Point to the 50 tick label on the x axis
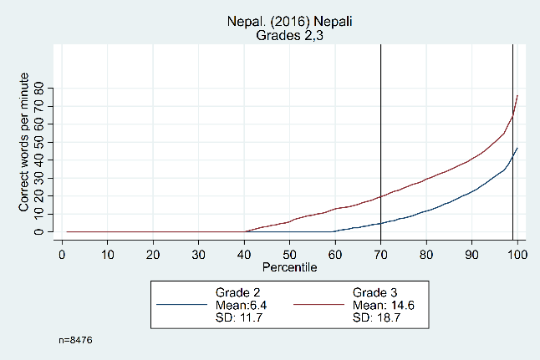click(x=289, y=251)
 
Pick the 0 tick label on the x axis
click(x=62, y=251)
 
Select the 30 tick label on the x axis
click(x=198, y=251)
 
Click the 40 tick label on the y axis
click(x=38, y=160)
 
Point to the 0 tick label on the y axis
click(x=38, y=231)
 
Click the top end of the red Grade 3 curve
click(x=517, y=96)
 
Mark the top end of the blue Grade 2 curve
click(x=517, y=148)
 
